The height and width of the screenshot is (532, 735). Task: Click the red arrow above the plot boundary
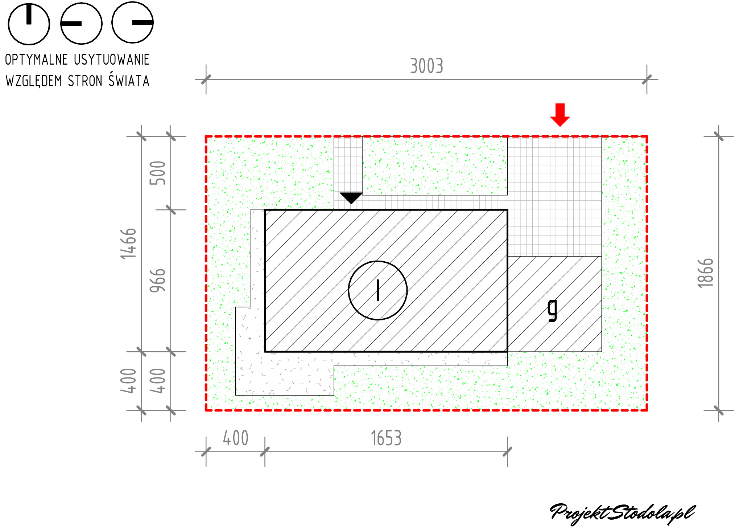(560, 115)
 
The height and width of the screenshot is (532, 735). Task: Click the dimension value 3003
(427, 66)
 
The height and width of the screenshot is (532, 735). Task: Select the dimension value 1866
(706, 273)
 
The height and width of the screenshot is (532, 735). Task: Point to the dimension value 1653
(386, 438)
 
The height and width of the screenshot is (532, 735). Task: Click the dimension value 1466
(129, 244)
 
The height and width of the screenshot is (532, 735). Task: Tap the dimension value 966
(158, 281)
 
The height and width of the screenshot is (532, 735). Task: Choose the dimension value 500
(158, 173)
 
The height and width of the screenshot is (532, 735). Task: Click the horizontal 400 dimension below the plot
(236, 438)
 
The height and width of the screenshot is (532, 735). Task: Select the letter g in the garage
(552, 310)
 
